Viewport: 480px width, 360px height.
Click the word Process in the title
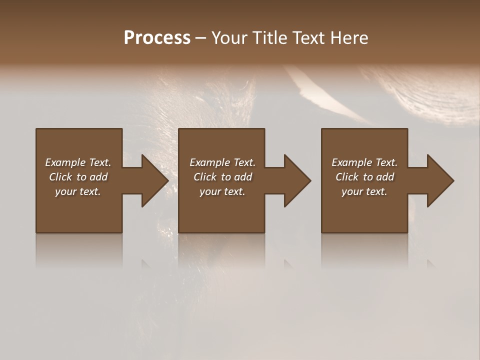pyautogui.click(x=157, y=38)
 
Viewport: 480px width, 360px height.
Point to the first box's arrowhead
pyautogui.click(x=154, y=180)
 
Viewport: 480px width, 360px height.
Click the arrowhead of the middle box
pyautogui.click(x=297, y=180)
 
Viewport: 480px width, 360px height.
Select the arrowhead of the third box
pyautogui.click(x=440, y=180)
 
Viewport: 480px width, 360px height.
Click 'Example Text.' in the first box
pyautogui.click(x=78, y=162)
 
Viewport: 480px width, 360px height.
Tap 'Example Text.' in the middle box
pyautogui.click(x=222, y=162)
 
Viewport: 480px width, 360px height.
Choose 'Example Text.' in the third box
pyautogui.click(x=364, y=162)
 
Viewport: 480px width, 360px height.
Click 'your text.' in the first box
pyautogui.click(x=78, y=191)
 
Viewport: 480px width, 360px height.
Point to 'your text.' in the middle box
pyautogui.click(x=222, y=191)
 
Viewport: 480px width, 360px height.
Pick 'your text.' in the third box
pyautogui.click(x=364, y=191)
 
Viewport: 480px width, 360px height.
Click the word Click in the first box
pyautogui.click(x=60, y=177)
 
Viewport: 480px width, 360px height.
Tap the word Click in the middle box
pyautogui.click(x=205, y=177)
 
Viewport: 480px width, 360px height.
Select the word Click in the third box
pyautogui.click(x=347, y=177)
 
